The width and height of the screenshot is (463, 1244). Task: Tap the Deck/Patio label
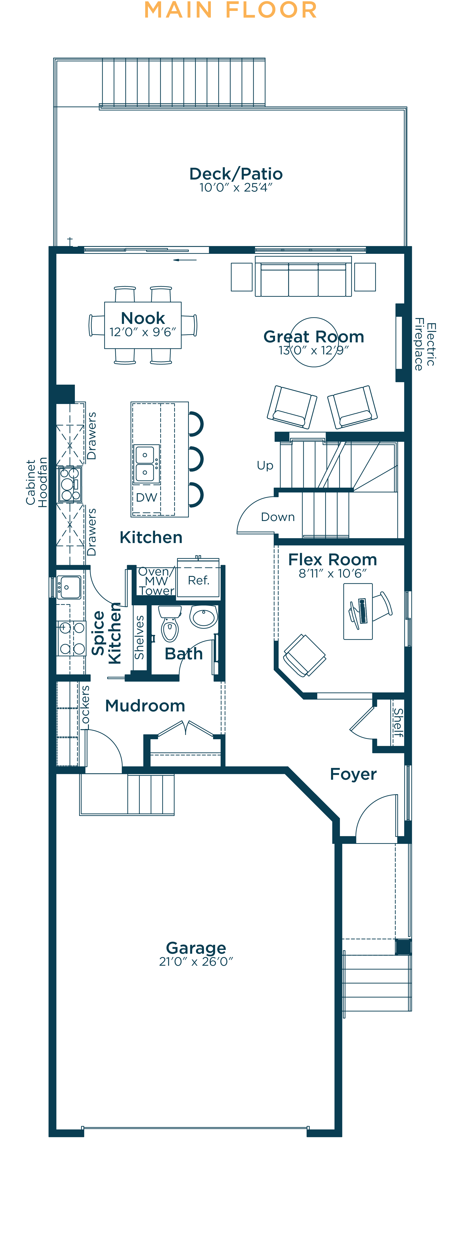[236, 173]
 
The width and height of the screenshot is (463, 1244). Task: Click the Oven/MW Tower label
[156, 581]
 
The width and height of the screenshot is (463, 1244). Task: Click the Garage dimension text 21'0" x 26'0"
[196, 961]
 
